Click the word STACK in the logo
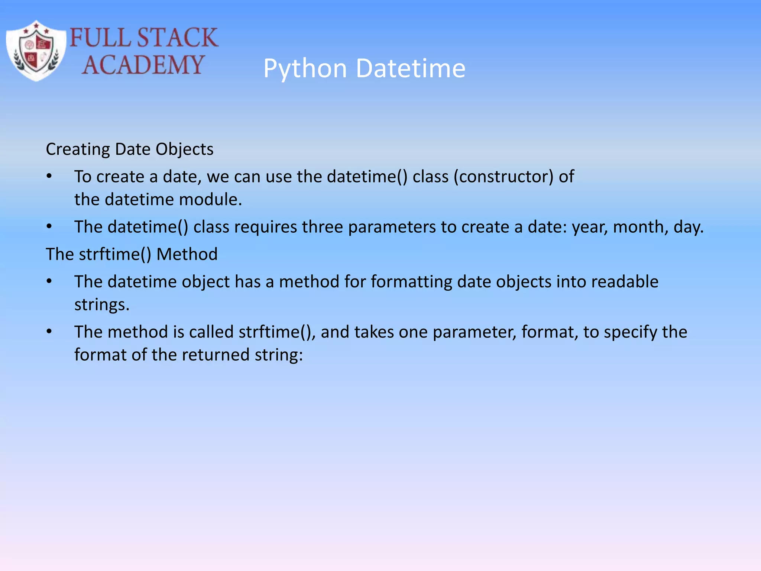point(177,38)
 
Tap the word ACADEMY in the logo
point(143,65)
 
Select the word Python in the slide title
point(305,68)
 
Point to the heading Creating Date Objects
point(129,149)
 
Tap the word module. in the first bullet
point(210,200)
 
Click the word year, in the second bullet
point(590,227)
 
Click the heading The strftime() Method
point(132,254)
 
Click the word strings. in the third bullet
point(102,305)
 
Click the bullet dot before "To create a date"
point(49,176)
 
